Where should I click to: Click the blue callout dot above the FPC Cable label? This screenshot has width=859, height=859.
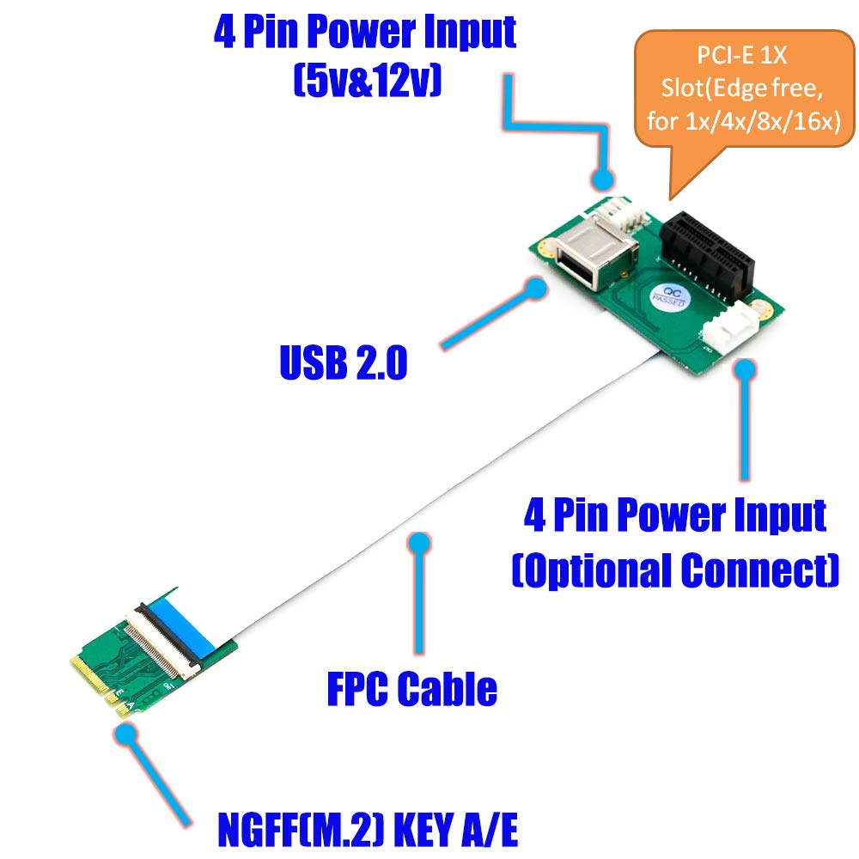point(418,543)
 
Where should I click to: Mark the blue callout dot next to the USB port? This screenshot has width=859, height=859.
point(537,288)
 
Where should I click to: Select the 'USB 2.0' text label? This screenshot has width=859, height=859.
point(343,363)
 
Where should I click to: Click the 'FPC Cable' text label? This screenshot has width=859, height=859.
point(412,688)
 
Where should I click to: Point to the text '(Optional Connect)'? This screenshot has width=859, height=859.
point(675,570)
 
